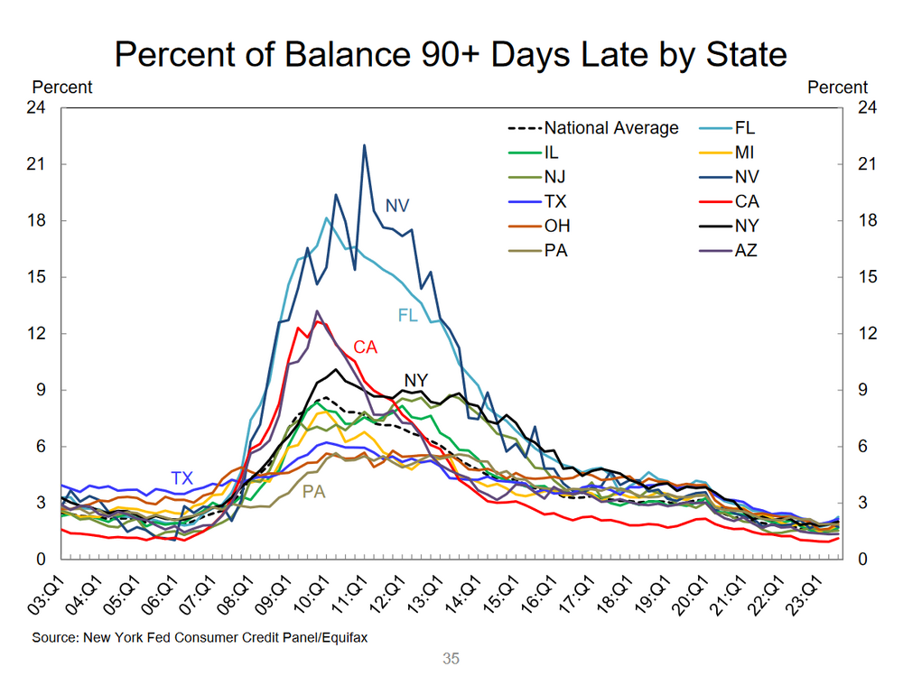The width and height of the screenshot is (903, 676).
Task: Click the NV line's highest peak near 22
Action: [x=364, y=145]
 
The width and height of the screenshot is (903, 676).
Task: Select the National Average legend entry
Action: [x=610, y=128]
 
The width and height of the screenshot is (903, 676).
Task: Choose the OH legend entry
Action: [x=557, y=226]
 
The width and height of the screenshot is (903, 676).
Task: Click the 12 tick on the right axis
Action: [x=868, y=334]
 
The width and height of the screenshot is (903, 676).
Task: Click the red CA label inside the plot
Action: [x=366, y=347]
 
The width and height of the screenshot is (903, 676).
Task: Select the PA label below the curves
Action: [x=313, y=493]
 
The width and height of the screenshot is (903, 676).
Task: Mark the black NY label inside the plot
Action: [x=414, y=380]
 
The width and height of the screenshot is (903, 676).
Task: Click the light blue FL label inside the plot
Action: [x=408, y=315]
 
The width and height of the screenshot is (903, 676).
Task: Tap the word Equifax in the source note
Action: [x=341, y=638]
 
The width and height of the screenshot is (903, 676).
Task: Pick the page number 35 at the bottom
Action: [x=451, y=659]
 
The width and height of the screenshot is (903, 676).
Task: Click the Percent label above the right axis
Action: [x=837, y=88]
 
